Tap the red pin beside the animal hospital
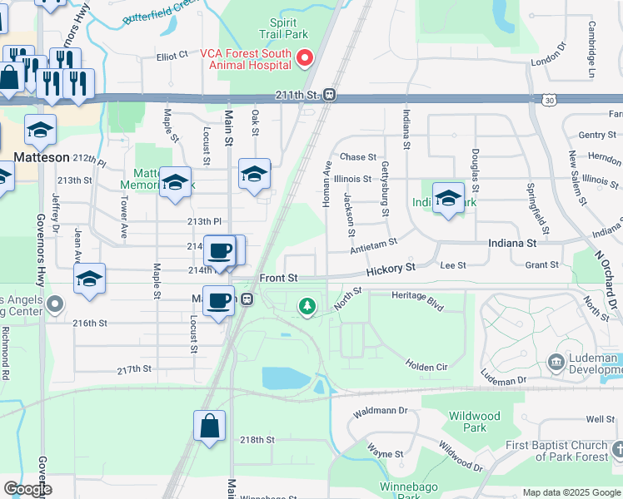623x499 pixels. tap(305, 57)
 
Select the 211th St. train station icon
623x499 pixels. tap(330, 95)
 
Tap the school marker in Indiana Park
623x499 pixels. tap(448, 198)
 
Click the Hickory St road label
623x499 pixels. tap(391, 269)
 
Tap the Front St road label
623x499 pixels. tap(278, 278)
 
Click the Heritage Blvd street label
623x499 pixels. tap(418, 295)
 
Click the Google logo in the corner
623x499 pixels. tap(27, 489)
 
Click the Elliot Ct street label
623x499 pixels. tap(172, 57)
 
